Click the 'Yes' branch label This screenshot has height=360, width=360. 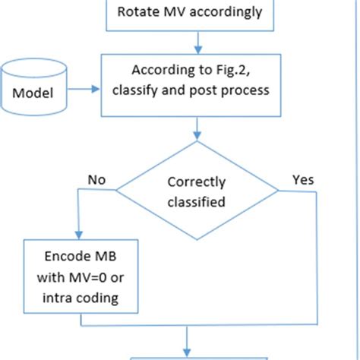coord(302,180)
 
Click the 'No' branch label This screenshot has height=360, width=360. coord(96,180)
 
